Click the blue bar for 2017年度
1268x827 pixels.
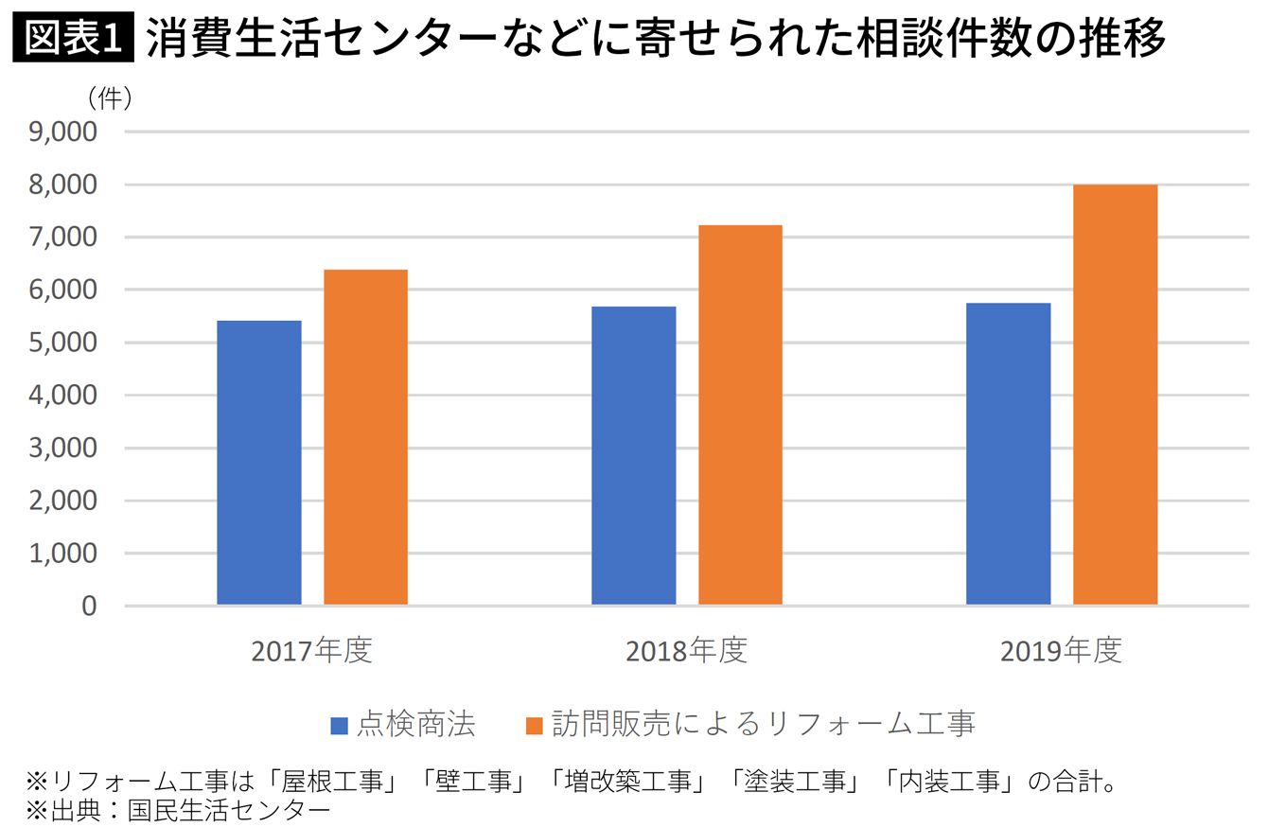(259, 463)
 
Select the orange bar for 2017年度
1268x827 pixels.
(365, 437)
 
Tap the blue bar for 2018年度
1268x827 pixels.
(634, 456)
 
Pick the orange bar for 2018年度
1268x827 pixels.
(740, 414)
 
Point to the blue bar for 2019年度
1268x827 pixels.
(1009, 454)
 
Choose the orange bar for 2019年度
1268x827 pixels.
(1115, 395)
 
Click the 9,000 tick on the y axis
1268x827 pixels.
(62, 132)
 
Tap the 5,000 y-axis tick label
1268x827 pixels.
(62, 343)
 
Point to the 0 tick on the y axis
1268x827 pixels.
(89, 607)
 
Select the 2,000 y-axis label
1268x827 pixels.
(62, 501)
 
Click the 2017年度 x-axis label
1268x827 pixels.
(312, 650)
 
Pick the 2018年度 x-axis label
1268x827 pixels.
(687, 650)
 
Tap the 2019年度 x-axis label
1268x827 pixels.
(1062, 650)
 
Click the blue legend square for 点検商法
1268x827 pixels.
(339, 727)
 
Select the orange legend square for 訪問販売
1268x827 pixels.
(535, 727)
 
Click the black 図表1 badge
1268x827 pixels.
(74, 37)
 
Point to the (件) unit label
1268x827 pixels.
(110, 98)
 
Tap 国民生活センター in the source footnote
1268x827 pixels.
(229, 811)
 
